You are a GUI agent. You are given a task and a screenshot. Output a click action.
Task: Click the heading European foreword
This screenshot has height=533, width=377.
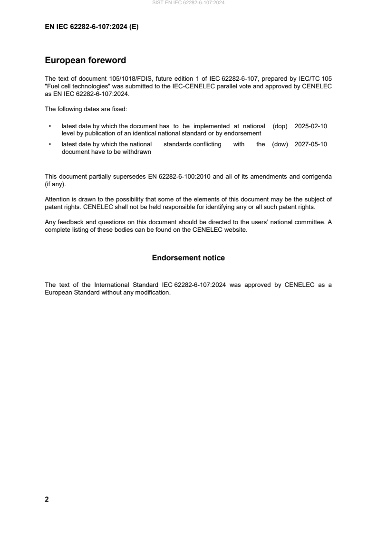coord(85,60)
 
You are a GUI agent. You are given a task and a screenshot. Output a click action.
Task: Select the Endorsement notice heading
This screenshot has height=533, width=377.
coord(188,258)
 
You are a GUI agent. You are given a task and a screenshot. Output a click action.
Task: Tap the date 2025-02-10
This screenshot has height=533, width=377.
coord(311,126)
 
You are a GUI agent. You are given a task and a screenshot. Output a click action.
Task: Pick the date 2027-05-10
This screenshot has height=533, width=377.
coord(311,144)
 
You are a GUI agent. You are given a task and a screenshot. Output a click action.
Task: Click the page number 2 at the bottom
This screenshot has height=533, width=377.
coord(47,499)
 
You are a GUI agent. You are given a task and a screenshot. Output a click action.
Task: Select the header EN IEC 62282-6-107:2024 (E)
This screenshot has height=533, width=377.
coord(91,27)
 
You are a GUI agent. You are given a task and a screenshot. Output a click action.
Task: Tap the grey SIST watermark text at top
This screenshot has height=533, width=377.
coord(188,3)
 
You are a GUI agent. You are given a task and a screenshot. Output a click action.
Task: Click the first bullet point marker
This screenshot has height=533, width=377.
coord(50,126)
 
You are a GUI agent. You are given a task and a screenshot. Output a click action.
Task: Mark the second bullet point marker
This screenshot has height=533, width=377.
coord(50,144)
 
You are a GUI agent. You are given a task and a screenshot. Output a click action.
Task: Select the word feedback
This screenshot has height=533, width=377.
coord(69,223)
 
